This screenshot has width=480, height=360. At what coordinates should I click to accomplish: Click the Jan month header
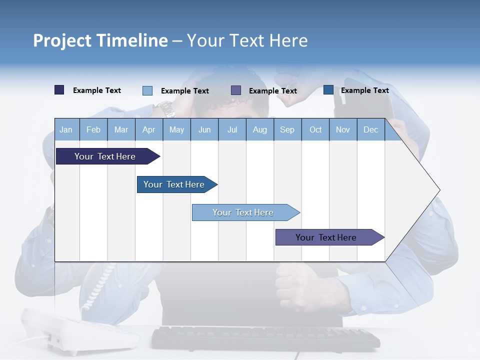coord(66,130)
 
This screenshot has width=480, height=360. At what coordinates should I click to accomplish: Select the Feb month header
coord(93,130)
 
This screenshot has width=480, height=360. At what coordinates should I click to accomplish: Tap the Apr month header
coord(148,130)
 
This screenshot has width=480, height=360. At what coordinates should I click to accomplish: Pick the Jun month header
coord(204,130)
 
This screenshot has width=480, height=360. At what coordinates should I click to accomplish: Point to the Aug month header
coord(259,130)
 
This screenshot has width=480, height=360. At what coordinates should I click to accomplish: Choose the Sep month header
coord(287,130)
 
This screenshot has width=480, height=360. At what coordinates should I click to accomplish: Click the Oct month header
coord(315,130)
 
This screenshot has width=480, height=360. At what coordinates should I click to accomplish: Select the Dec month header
coord(370,130)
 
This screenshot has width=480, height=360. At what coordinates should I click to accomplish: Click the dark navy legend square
coord(59,90)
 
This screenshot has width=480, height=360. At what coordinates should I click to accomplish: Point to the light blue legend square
coord(147,90)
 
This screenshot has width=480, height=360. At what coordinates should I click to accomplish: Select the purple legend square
coord(236,90)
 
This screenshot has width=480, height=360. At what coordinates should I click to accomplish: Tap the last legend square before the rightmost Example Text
coord(328,90)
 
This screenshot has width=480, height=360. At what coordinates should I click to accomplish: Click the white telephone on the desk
coord(80,330)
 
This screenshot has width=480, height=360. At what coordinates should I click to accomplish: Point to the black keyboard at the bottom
coord(265,338)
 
